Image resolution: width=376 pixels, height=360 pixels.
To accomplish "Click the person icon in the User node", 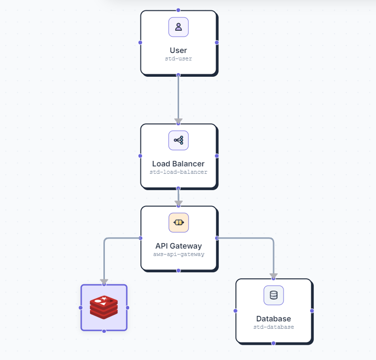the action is (179, 27).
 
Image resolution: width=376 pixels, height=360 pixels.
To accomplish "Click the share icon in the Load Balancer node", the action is (179, 141).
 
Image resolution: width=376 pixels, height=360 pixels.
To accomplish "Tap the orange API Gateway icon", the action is (179, 222).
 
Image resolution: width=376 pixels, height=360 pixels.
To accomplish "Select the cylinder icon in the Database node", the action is (274, 295).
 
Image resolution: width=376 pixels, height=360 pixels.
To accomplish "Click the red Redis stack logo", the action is (104, 307).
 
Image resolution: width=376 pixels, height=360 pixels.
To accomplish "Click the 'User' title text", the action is (179, 51).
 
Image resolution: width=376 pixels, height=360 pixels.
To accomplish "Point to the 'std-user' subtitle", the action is (179, 58).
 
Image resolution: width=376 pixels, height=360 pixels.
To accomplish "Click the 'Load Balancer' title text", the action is (179, 164).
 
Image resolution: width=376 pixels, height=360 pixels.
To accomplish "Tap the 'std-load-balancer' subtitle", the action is (179, 172).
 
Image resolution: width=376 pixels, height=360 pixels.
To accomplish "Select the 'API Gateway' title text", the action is (179, 246).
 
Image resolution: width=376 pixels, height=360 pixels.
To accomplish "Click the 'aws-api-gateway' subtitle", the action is (179, 254).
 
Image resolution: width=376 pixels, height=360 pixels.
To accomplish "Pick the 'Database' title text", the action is (274, 319).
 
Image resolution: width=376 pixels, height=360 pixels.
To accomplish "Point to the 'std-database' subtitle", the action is (274, 327).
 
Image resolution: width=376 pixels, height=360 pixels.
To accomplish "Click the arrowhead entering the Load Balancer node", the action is (178, 121).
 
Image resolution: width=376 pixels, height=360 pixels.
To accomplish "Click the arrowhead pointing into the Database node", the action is (274, 276).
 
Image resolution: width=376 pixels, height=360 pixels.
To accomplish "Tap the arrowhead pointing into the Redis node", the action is (104, 282).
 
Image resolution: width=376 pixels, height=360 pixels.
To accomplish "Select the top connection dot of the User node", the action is (178, 10).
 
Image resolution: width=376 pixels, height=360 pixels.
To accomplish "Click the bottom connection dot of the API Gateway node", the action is (179, 271).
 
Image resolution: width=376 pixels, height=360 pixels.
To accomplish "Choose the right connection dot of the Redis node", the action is (127, 308).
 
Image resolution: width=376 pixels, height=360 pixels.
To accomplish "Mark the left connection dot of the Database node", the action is (235, 311).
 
